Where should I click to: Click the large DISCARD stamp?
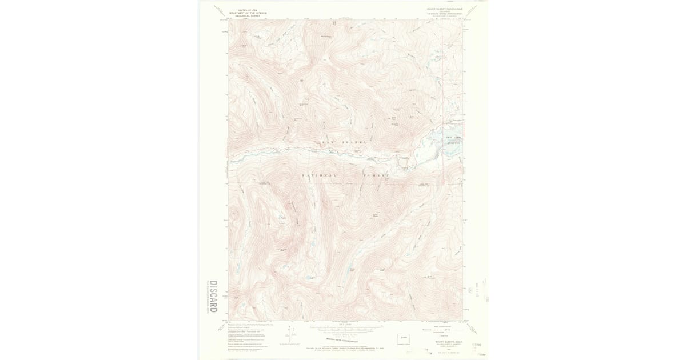pyautogui.click(x=213, y=295)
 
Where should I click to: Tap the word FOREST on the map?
pyautogui.click(x=376, y=175)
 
